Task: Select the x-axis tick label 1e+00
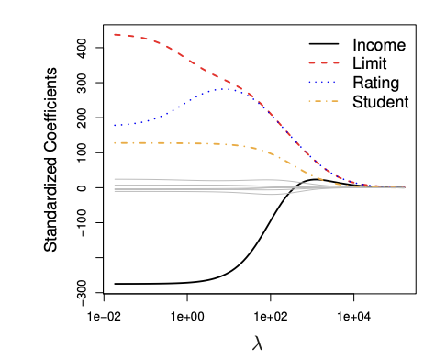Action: [187, 315]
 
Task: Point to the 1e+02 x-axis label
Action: [270, 315]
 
